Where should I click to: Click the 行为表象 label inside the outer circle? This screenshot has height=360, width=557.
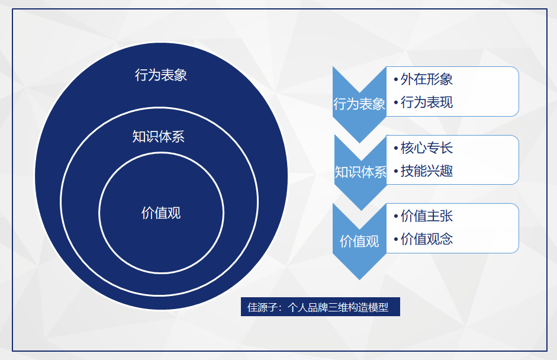coord(161,75)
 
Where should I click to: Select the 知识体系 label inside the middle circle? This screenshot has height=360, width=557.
coord(159,137)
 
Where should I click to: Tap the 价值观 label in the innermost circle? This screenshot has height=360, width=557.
coord(161,213)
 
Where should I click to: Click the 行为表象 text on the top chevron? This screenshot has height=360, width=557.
coord(359,104)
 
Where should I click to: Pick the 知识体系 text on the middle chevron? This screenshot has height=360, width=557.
coord(360,172)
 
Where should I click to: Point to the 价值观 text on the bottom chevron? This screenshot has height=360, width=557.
coord(359,241)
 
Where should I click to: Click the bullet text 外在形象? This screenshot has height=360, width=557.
coord(426,79)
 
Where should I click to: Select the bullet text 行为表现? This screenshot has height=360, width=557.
coord(426,102)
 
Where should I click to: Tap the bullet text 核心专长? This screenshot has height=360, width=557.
coord(426,147)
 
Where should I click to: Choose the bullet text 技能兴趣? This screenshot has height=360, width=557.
coord(426,171)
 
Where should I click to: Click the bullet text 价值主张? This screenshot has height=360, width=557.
coord(426,216)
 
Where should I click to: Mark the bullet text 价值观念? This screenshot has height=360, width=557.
coord(426,239)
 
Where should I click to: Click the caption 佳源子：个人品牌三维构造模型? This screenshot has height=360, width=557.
coord(320,307)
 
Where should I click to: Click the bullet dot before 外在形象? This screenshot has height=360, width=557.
coord(395,80)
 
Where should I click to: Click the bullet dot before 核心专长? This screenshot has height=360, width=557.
coord(395,149)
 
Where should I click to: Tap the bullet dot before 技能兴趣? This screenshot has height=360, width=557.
coord(395,172)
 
